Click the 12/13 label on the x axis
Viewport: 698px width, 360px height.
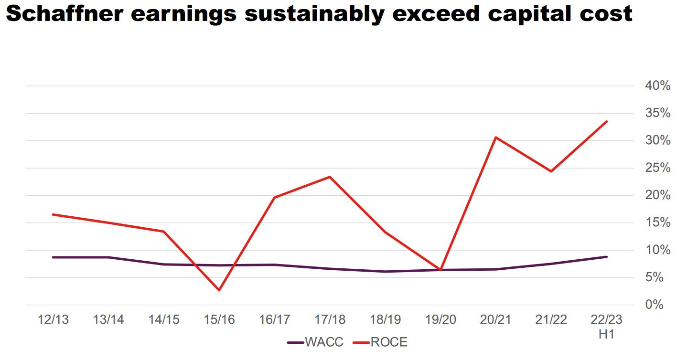pos(53,320)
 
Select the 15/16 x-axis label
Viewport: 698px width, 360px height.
pos(219,320)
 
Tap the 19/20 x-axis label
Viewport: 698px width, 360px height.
pos(440,320)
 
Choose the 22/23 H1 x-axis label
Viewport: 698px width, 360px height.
pos(606,326)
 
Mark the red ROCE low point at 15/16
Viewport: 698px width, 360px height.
pos(219,290)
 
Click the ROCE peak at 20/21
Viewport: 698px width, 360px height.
pos(496,138)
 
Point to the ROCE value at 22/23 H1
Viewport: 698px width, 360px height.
pos(606,121)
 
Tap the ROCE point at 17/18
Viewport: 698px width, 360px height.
pos(330,177)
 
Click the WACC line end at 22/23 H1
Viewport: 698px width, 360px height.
pos(606,257)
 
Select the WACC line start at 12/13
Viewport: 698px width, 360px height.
pos(53,257)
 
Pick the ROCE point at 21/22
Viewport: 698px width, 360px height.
pos(551,171)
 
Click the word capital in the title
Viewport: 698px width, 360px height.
pos(538,14)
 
